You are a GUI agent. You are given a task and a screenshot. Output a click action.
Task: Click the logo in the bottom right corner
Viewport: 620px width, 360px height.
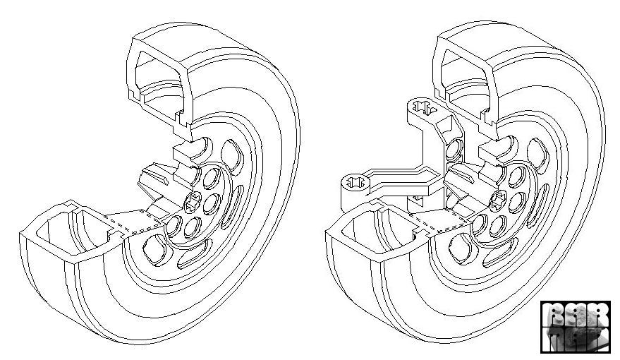(x=575, y=326)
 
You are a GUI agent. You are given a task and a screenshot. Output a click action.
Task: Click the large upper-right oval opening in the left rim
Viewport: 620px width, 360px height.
(x=232, y=153)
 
